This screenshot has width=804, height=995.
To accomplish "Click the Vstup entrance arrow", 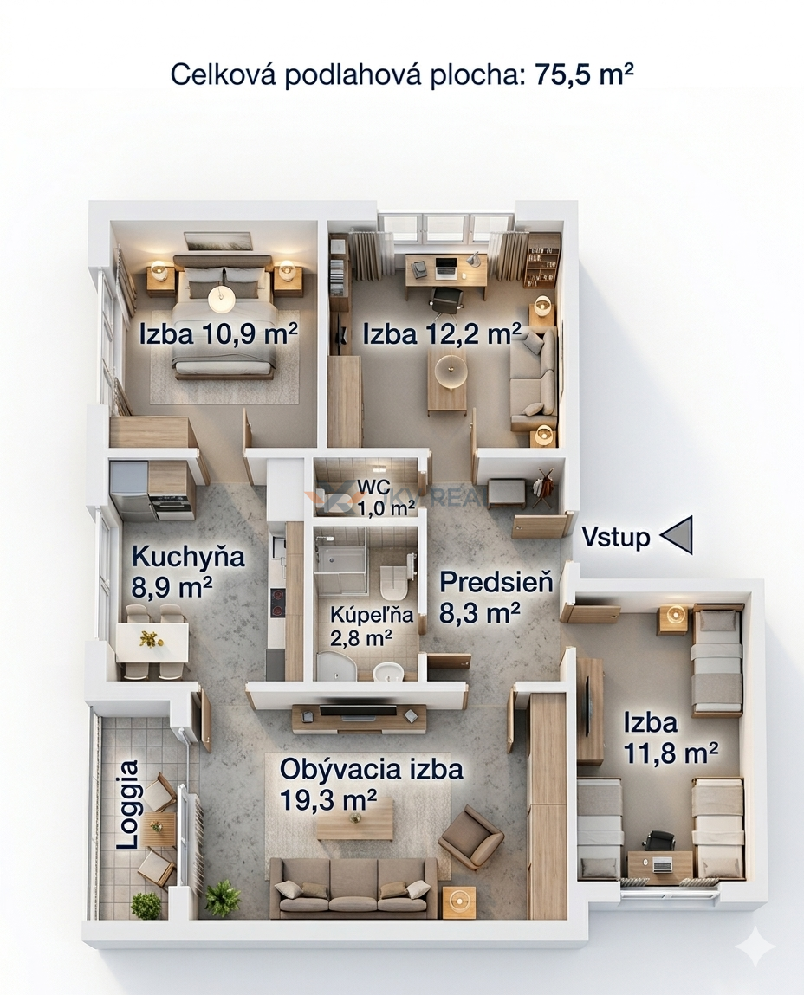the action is click(678, 534).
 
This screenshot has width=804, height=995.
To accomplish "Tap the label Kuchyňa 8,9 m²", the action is click(188, 572).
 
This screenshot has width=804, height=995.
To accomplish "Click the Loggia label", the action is click(129, 804).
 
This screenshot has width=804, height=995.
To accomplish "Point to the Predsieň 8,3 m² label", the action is click(496, 596).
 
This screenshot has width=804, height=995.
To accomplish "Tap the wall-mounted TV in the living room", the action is click(358, 709).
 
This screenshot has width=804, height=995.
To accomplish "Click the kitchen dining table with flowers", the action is click(152, 643).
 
